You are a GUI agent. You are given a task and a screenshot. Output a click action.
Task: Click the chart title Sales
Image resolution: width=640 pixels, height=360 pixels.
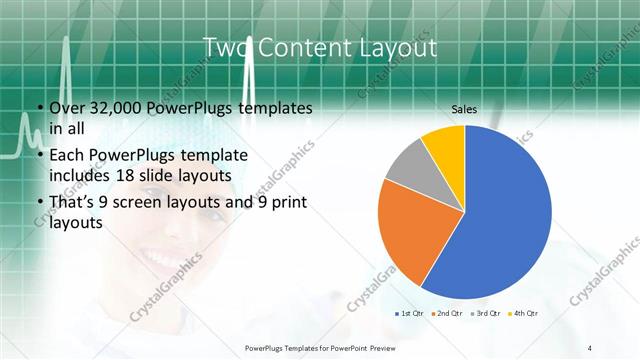click(x=464, y=108)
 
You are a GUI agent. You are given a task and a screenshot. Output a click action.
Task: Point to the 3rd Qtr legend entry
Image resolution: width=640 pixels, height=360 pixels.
click(x=487, y=314)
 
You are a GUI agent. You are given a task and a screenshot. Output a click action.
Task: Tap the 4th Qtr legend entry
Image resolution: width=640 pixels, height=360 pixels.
click(x=525, y=314)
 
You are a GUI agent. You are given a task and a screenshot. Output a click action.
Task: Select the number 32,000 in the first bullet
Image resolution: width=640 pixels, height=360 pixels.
click(x=114, y=107)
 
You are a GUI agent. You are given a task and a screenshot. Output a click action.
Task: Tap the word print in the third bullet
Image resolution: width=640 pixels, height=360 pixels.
click(x=283, y=203)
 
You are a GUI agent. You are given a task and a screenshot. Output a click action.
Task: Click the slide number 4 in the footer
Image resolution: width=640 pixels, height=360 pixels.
click(x=590, y=347)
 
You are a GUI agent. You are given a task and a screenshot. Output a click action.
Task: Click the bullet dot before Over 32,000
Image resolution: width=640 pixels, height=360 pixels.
click(x=39, y=107)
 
